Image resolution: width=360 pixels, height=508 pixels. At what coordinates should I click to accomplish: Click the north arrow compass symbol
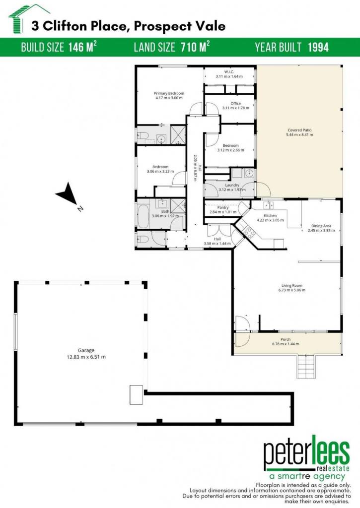tap(68, 194)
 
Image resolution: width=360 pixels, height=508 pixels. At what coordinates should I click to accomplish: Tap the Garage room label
tap(86, 350)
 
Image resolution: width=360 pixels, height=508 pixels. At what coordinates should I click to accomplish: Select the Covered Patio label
tap(299, 130)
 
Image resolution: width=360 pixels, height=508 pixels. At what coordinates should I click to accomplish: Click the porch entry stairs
tap(305, 367)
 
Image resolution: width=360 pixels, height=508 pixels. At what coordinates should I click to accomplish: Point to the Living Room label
tap(292, 285)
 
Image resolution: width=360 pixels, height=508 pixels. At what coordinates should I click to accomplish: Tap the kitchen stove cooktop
tap(249, 232)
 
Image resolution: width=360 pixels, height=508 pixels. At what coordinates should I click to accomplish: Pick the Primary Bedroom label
tap(169, 93)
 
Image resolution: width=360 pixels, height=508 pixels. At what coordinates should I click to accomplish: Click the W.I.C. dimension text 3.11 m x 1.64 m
tap(229, 76)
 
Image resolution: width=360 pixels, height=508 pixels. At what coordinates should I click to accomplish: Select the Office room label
tap(236, 103)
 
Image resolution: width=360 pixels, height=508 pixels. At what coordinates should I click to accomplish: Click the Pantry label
tap(223, 208)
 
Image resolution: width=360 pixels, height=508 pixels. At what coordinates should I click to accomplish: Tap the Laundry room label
tap(232, 186)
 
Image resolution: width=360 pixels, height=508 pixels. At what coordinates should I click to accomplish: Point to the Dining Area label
tap(321, 226)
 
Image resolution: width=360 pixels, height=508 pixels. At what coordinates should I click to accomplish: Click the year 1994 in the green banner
tap(318, 47)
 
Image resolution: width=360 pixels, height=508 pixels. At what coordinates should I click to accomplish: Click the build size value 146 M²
tap(82, 47)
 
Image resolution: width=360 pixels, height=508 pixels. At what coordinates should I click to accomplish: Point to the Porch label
tap(286, 339)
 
